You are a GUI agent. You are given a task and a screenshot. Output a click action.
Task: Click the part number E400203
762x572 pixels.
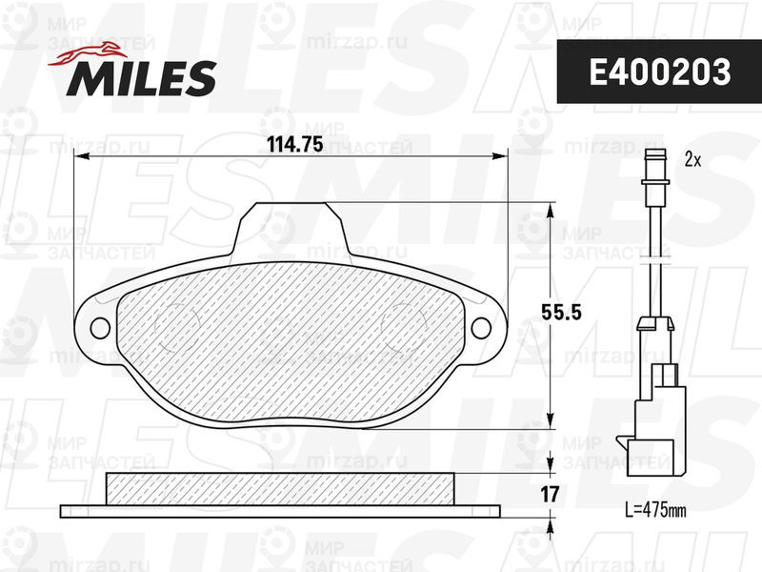click(659, 72)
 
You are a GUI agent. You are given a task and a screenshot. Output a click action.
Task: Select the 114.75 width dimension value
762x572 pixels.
click(295, 144)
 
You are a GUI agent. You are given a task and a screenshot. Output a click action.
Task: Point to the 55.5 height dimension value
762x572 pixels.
click(561, 313)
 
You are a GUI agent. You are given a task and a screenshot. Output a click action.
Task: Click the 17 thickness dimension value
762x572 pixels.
click(550, 495)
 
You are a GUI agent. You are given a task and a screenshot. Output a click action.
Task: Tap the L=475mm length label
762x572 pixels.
click(655, 510)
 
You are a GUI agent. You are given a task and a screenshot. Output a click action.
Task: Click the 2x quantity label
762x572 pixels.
click(692, 159)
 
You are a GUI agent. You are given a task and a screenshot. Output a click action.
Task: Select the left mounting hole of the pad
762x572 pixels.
click(100, 328)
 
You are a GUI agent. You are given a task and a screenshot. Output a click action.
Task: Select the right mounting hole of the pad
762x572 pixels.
click(481, 328)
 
